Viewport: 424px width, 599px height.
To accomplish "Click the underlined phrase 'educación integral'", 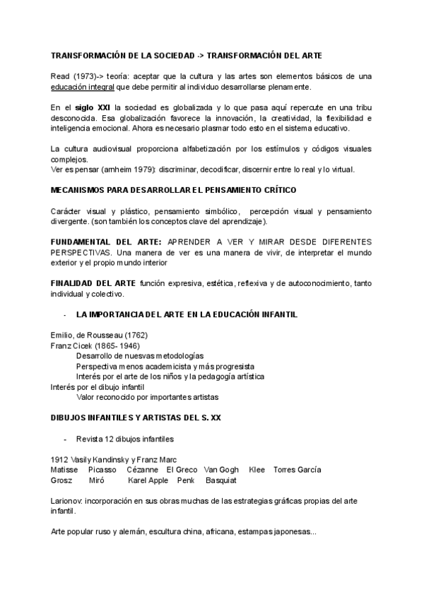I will pos(83,87).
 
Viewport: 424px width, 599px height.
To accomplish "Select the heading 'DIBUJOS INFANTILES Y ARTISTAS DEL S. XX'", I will pos(136,417).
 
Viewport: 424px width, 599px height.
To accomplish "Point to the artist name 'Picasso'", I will pos(103,470).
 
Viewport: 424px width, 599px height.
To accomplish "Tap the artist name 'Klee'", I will pos(257,470).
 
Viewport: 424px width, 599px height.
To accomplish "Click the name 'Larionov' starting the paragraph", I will pos(66,501).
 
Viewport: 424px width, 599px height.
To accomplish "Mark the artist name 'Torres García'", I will pos(297,470).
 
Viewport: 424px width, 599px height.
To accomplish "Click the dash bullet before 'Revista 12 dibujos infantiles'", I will pos(65,439).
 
